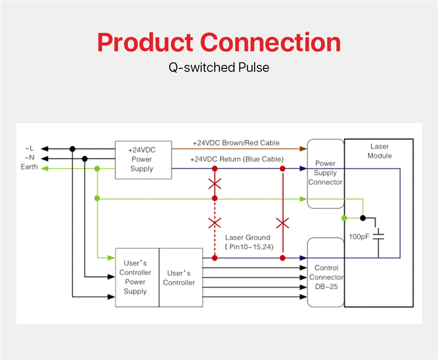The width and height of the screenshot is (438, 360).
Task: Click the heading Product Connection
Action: click(x=219, y=43)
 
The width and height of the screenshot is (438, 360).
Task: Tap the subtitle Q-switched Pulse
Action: click(x=219, y=67)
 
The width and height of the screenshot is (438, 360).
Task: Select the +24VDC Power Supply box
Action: click(x=143, y=160)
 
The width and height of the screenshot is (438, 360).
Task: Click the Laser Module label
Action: click(x=379, y=151)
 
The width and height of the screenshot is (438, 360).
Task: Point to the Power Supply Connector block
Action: click(x=325, y=174)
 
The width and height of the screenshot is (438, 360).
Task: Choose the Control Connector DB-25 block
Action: click(x=326, y=272)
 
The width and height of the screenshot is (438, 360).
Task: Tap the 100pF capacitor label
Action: click(x=359, y=237)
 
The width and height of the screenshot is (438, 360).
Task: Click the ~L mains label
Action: click(x=29, y=148)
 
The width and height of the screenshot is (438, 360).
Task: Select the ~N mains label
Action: click(x=30, y=158)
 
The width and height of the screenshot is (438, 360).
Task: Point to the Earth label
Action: click(x=29, y=167)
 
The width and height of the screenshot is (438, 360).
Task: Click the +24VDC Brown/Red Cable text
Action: click(x=236, y=143)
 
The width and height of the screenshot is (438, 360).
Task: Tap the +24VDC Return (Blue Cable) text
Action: click(x=237, y=159)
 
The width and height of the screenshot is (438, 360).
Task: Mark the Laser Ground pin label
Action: click(x=249, y=242)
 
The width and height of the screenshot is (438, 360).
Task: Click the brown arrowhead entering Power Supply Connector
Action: click(x=303, y=148)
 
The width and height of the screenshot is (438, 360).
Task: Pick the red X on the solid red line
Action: click(x=283, y=223)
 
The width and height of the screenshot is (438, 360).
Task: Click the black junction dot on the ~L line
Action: click(x=72, y=148)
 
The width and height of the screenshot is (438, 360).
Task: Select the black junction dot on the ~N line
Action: click(x=85, y=159)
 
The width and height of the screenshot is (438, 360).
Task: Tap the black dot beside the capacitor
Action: click(x=362, y=218)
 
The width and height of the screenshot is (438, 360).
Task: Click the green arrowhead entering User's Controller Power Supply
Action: click(x=111, y=258)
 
